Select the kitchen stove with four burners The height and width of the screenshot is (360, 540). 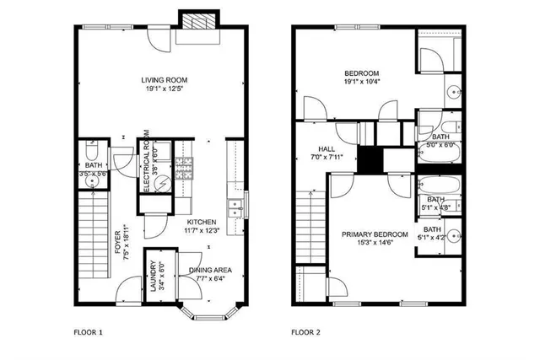186,169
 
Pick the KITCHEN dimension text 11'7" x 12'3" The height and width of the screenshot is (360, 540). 202,230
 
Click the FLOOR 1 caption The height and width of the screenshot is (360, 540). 87,332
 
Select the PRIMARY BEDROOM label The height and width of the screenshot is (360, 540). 375,234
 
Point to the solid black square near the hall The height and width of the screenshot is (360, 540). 370,159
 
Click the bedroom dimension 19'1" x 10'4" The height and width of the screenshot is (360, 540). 361,82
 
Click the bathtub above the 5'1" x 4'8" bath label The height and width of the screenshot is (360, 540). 439,185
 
